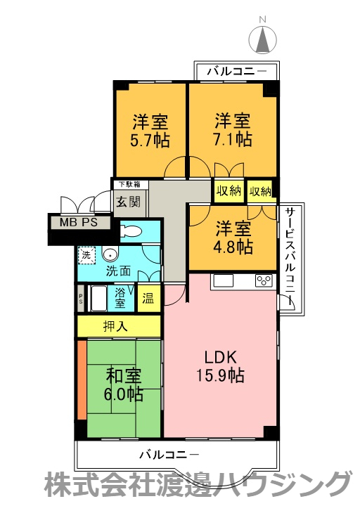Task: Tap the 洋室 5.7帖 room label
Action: (149, 129)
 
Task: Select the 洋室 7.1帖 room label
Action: (233, 129)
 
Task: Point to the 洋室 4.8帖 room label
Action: (233, 238)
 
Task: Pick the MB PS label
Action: (79, 223)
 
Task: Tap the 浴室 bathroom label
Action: (120, 297)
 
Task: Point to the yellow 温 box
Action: (148, 298)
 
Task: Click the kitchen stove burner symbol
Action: (264, 281)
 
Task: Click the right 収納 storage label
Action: (260, 191)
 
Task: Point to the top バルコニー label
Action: (237, 71)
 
